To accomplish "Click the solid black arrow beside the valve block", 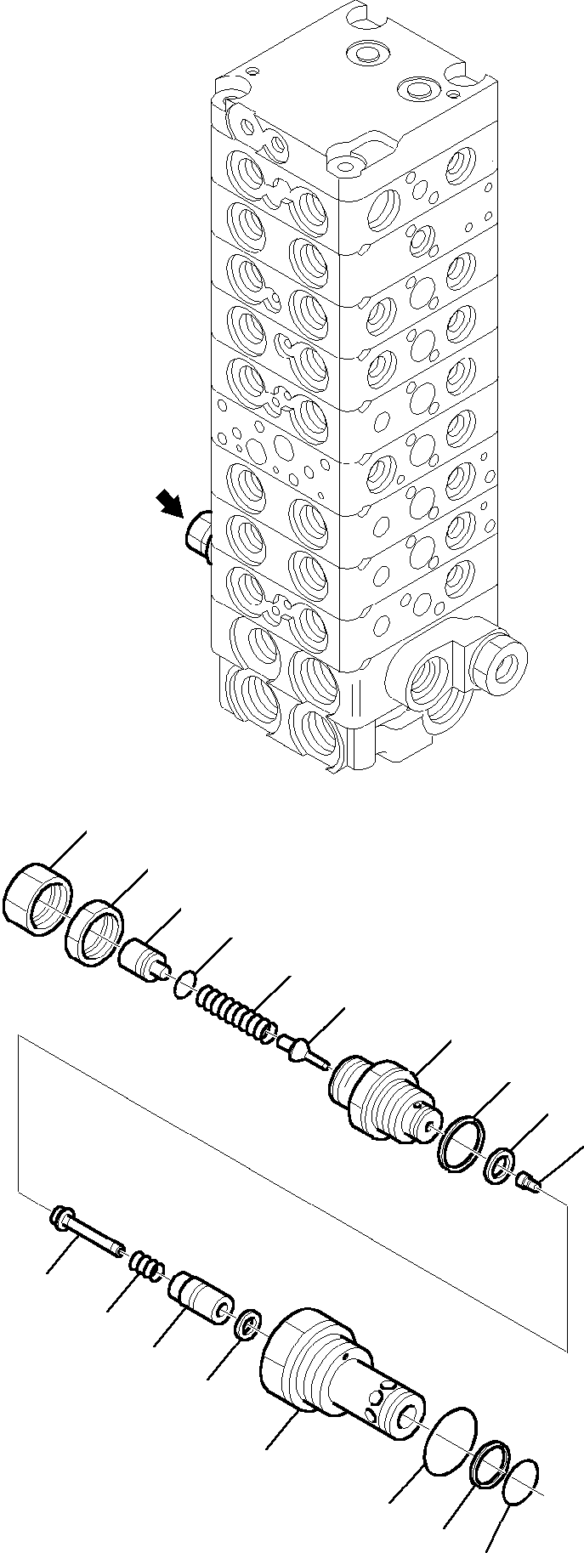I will [x=169, y=504].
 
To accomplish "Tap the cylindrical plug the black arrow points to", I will [x=197, y=537].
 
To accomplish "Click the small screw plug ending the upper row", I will [x=526, y=1180].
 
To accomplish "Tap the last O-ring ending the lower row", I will [x=521, y=1479].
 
